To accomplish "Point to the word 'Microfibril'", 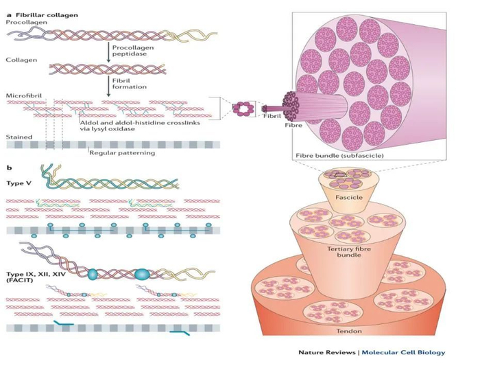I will click(x=21, y=93).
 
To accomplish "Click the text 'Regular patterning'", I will click(x=122, y=152).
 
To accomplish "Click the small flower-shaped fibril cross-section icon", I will click(x=242, y=107).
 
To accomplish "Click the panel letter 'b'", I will click(x=8, y=167).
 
